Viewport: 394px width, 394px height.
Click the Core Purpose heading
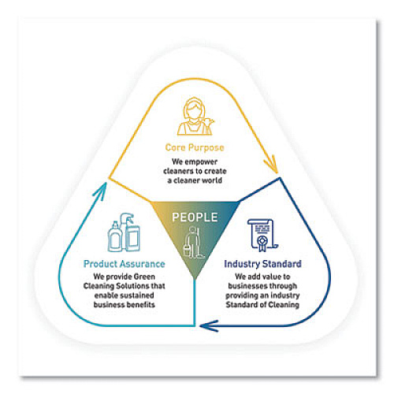pos(195,148)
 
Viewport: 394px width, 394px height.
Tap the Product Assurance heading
pos(125,264)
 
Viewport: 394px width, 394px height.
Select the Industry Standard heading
pos(262,264)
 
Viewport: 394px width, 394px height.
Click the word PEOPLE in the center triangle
pos(195,217)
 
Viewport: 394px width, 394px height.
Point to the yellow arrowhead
pos(273,165)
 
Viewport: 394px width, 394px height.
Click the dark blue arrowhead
pos(209,326)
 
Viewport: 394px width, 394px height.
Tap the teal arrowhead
pos(101,191)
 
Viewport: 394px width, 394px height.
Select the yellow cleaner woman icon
pos(195,117)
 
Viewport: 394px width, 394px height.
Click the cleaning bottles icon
pos(124,232)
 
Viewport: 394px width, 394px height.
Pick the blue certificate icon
pos(262,235)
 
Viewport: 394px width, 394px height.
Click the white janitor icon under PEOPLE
pos(193,243)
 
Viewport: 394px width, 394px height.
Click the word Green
pos(144,277)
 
